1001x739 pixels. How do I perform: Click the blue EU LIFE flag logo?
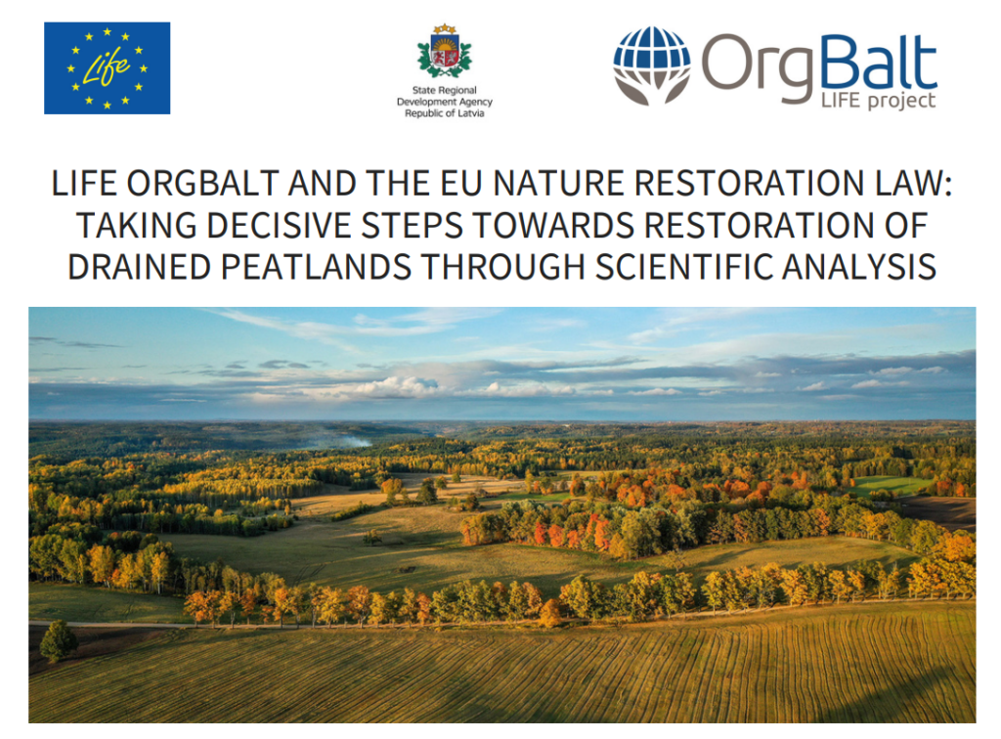107,68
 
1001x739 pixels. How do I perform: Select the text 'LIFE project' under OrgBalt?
878,101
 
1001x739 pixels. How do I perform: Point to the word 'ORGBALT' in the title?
203,184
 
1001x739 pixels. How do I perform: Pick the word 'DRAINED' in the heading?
139,267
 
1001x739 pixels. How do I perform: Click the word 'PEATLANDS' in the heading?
316,267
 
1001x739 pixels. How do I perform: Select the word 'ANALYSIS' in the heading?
858,267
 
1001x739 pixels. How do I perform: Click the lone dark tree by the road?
58,640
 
